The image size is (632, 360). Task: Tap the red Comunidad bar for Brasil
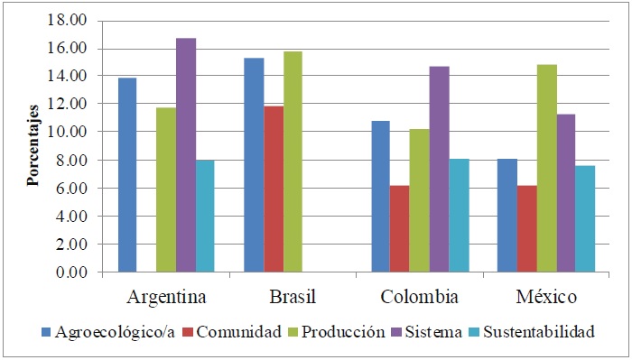click(x=274, y=189)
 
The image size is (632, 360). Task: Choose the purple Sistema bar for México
click(x=566, y=193)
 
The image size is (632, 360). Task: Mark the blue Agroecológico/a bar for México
click(x=507, y=216)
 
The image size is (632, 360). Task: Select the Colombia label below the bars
click(x=420, y=297)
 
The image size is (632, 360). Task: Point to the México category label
click(x=547, y=297)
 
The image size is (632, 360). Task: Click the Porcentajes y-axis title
click(x=33, y=145)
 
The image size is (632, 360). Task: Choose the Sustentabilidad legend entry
click(x=538, y=332)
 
